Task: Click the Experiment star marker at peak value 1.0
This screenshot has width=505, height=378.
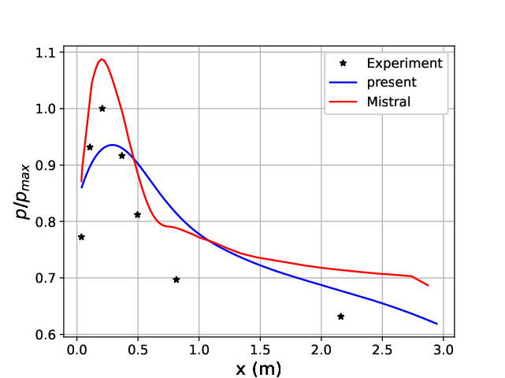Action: pos(102,109)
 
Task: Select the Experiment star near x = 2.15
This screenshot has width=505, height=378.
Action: pos(340,317)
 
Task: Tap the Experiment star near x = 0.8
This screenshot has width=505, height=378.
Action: pos(176,280)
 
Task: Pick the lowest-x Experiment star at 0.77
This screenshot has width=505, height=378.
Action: pos(81,237)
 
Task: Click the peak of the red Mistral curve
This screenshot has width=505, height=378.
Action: pos(102,59)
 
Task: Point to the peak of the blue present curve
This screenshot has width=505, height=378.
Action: pos(113,145)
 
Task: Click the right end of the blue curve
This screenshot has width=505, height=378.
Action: pos(436,324)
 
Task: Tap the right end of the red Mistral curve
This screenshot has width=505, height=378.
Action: pos(428,285)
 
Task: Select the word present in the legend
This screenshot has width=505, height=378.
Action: pos(392,82)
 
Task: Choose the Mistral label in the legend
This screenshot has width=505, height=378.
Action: pos(389,101)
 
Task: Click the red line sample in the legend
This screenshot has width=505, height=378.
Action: pos(343,101)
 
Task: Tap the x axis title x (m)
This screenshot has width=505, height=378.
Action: pos(258,368)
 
